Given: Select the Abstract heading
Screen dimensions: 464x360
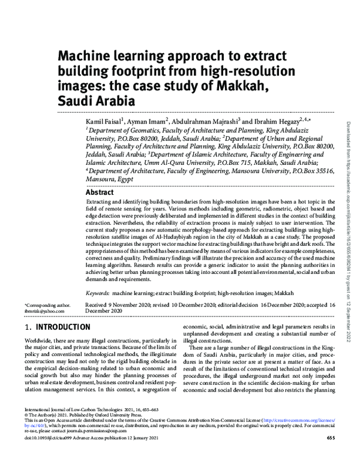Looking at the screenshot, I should click(100, 193).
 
